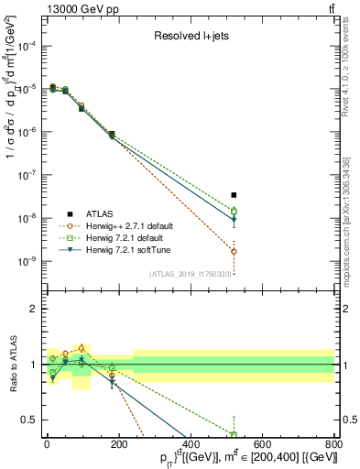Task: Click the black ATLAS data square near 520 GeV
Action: click(x=234, y=195)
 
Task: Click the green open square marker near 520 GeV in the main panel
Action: click(x=234, y=211)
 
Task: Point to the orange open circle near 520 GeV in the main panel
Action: click(x=234, y=251)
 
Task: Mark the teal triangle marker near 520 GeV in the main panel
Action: click(x=234, y=220)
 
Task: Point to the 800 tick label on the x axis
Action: click(x=333, y=444)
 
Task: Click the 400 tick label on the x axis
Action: click(x=191, y=444)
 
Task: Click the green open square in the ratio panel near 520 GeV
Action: click(x=234, y=434)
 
